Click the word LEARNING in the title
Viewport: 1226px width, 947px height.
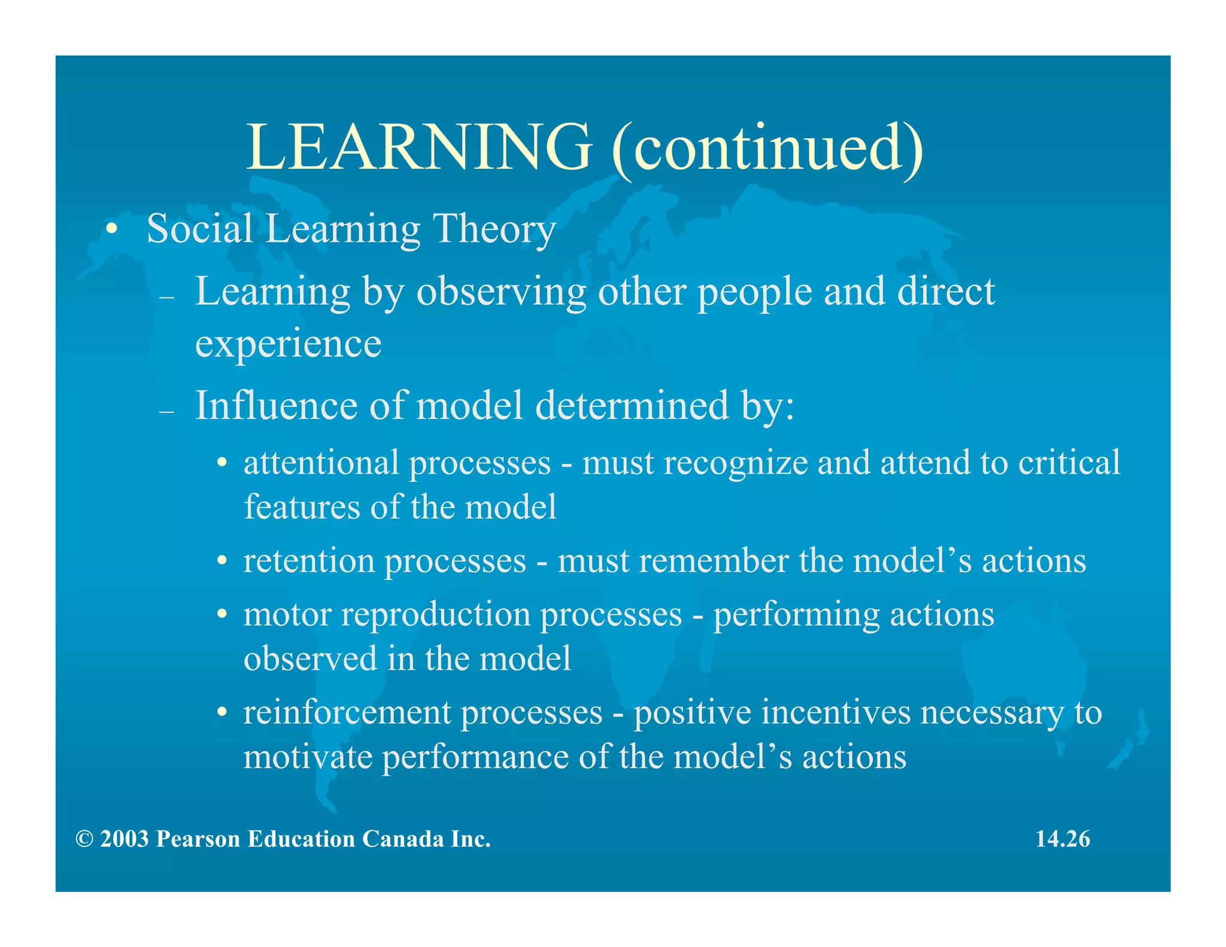pos(419,147)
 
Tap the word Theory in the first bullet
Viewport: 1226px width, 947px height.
pos(494,229)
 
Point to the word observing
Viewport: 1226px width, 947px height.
pos(501,293)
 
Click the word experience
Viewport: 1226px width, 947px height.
pos(288,344)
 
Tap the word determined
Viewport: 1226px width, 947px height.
pos(632,406)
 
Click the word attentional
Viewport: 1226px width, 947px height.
pos(321,463)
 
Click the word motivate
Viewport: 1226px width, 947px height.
pos(308,757)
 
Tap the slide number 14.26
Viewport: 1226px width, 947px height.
pos(1063,839)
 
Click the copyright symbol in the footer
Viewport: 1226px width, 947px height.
pos(84,839)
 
